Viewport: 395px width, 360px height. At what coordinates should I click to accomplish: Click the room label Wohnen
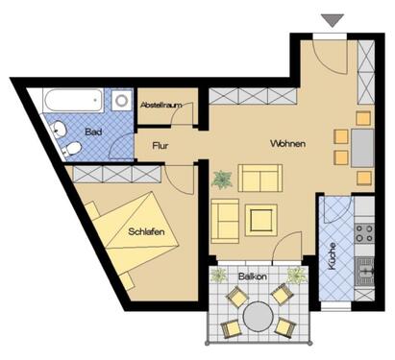tap(287, 144)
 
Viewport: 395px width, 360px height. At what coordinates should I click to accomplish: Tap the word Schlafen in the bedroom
tap(144, 231)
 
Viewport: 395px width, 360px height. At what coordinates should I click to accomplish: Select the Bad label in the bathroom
tap(93, 131)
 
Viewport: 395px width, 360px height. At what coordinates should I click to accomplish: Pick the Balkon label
tap(252, 276)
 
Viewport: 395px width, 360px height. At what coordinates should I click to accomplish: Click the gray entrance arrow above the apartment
tap(332, 19)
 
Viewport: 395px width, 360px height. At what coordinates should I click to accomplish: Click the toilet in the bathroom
tap(71, 148)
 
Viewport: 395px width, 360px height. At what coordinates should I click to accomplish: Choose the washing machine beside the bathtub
tap(122, 100)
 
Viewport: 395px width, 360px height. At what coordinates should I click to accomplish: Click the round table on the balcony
tap(257, 314)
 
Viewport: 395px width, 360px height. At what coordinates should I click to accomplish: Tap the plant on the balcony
tap(297, 276)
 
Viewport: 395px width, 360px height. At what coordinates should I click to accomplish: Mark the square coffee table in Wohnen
tap(260, 220)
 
